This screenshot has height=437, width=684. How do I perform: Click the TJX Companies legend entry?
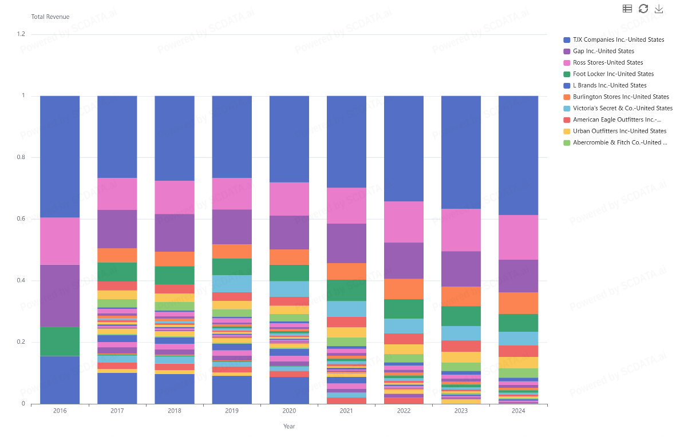618,40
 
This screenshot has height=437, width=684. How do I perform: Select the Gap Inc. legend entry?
603,51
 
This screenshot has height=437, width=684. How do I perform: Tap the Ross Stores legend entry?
607,63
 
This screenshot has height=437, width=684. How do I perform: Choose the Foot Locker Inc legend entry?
613,74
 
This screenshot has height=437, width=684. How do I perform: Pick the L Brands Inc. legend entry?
610,86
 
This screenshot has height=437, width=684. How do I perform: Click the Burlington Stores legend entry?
620,97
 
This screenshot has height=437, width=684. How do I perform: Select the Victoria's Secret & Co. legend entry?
622,109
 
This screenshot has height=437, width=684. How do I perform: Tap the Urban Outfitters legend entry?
619,132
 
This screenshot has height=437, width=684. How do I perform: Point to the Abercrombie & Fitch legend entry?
620,143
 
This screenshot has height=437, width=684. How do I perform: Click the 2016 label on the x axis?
60,411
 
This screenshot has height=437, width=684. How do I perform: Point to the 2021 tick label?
347,411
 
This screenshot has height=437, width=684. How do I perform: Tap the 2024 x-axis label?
519,411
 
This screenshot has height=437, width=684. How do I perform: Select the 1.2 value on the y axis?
21,34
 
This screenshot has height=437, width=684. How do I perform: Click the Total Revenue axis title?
50,17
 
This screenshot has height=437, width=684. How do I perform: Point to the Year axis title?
289,426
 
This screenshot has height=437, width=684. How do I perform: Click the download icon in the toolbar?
659,9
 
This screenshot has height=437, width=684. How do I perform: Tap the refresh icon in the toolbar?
643,9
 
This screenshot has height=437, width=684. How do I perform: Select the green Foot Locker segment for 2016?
60,341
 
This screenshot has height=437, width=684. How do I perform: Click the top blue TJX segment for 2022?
404,149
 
